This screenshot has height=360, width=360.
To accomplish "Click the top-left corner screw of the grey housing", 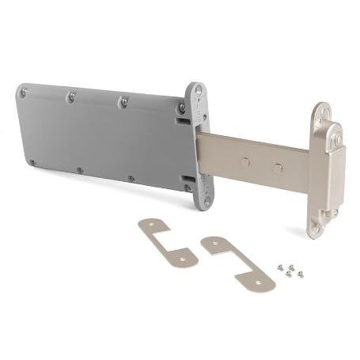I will (24, 93).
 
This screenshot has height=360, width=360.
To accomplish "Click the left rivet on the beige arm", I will (246, 162).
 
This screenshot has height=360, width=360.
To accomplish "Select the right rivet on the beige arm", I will (277, 168).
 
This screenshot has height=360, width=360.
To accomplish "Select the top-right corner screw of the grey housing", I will (181, 108).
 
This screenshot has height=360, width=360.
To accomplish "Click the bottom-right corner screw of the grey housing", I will (188, 188).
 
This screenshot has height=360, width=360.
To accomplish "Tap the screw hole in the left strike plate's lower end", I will (184, 257).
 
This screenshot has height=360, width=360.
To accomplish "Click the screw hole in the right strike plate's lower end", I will (262, 280).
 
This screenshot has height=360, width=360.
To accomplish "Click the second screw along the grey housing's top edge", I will (71, 97).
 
